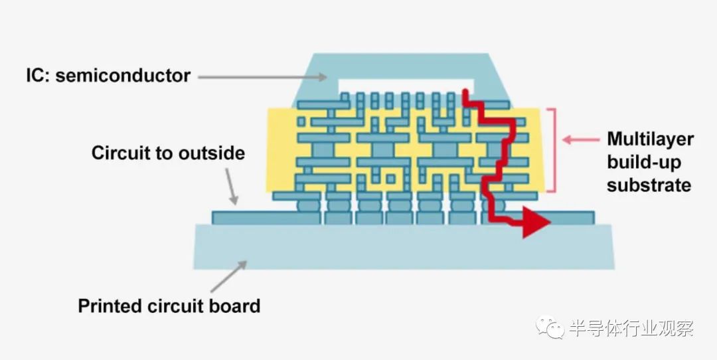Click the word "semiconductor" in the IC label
[x=123, y=76]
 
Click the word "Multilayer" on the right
[x=650, y=139]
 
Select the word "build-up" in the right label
[x=644, y=162]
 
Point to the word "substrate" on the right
[x=649, y=185]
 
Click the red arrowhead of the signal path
[x=536, y=222]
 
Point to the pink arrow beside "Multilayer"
[x=580, y=139]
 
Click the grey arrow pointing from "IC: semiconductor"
[x=262, y=77]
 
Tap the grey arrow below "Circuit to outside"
[x=232, y=187]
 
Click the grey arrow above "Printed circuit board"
[x=228, y=276]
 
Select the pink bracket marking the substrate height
[x=554, y=150]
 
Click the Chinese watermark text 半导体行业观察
[x=631, y=328]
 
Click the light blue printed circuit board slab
[x=404, y=246]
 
